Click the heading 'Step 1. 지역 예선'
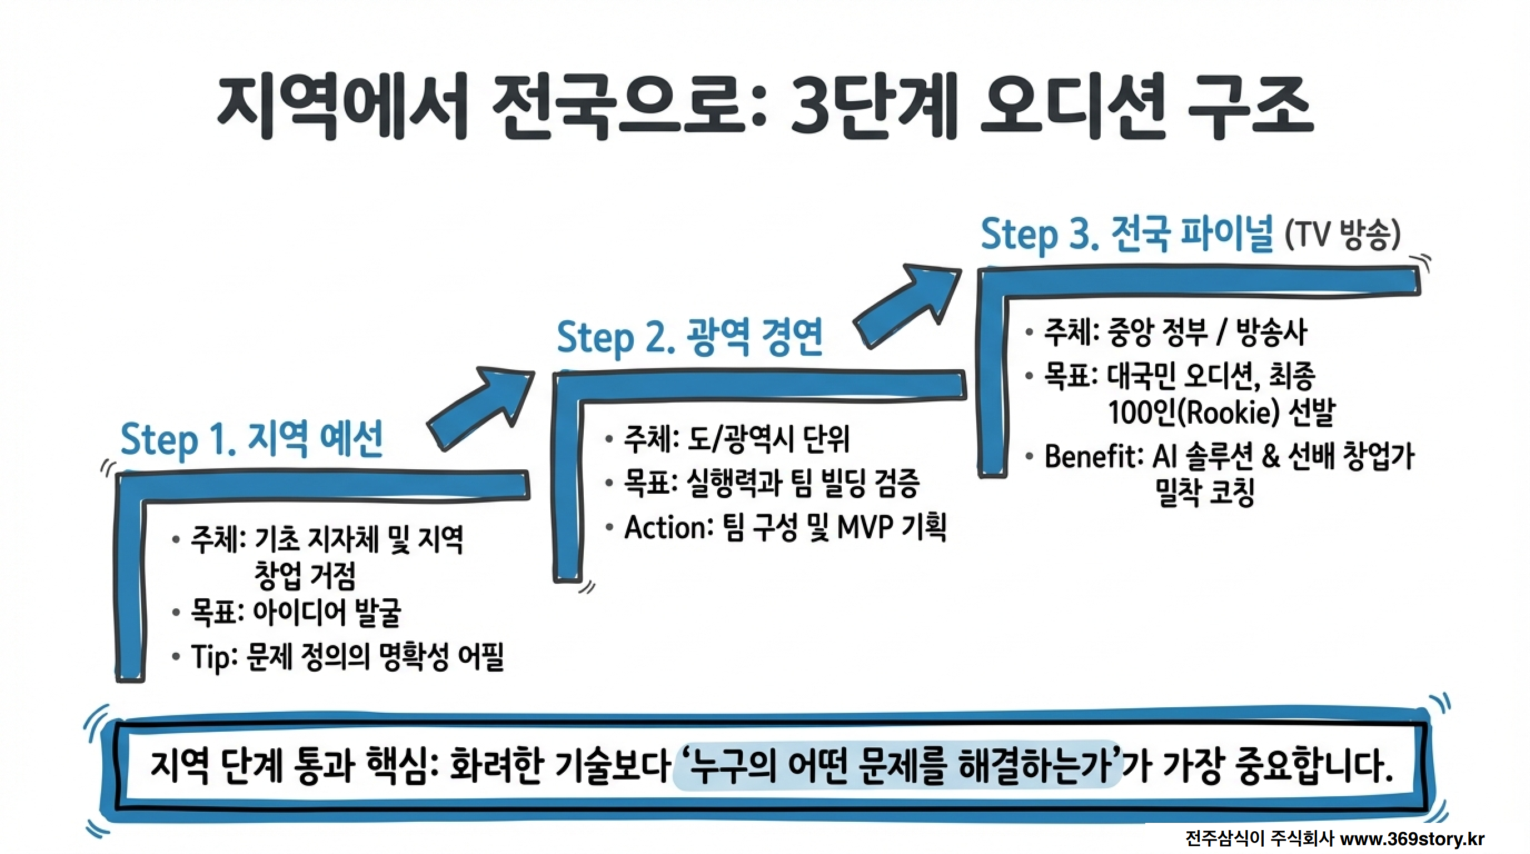(251, 439)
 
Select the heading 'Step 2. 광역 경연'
(689, 337)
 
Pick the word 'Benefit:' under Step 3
(1094, 457)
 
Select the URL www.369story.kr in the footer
(1413, 838)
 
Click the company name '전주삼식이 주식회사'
(1259, 838)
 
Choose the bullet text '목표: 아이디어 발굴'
(296, 612)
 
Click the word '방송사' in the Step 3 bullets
(1271, 331)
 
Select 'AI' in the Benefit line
(1165, 457)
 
